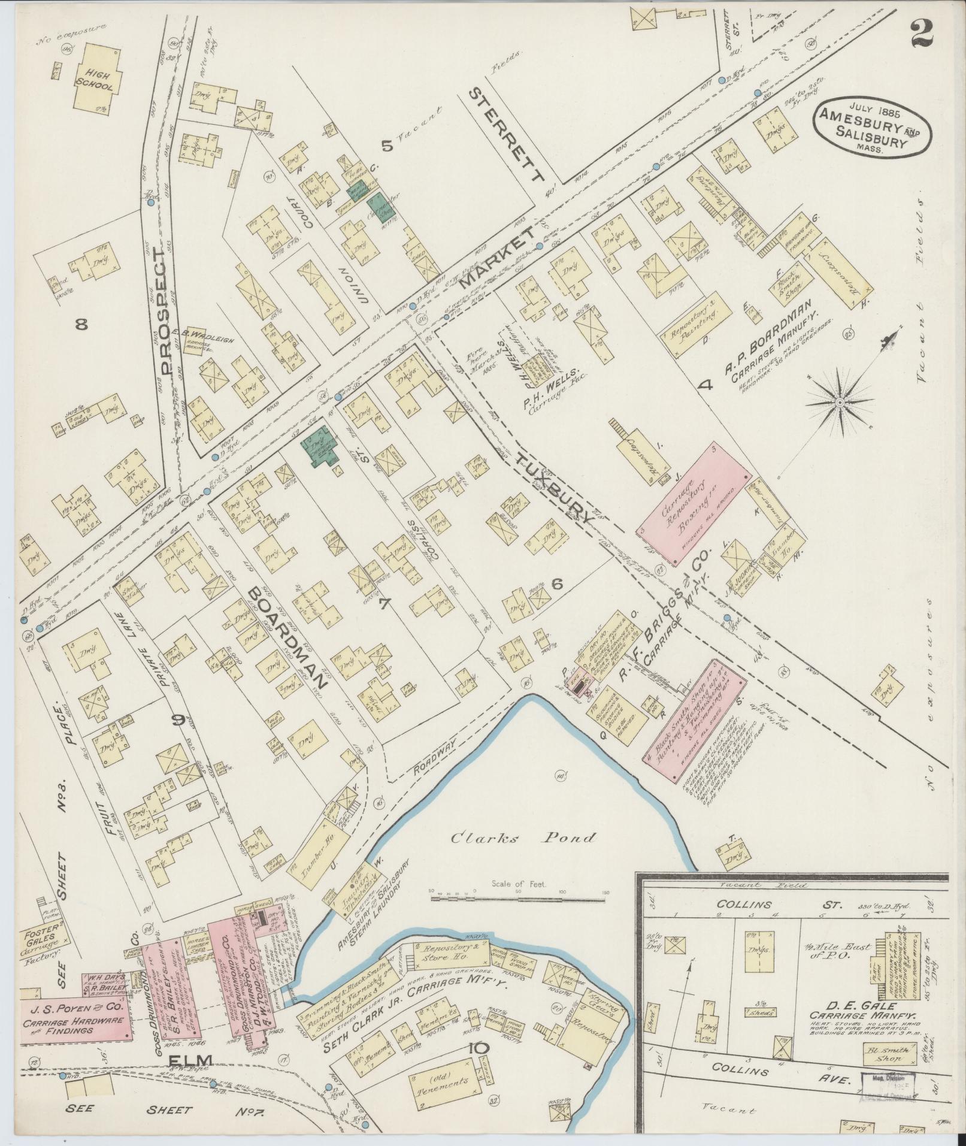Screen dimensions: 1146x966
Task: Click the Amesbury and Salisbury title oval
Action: pos(872,129)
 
